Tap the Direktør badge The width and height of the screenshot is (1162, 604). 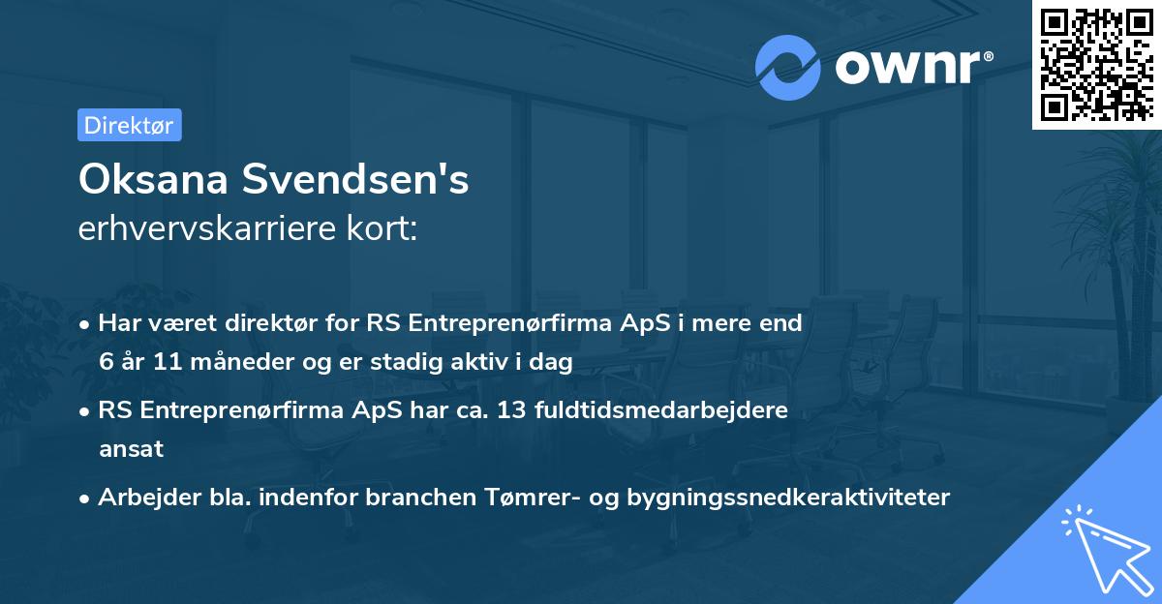click(129, 125)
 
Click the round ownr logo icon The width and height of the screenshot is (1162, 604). click(788, 68)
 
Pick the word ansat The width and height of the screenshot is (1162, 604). click(131, 449)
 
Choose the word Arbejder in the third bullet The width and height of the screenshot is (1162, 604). click(140, 498)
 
